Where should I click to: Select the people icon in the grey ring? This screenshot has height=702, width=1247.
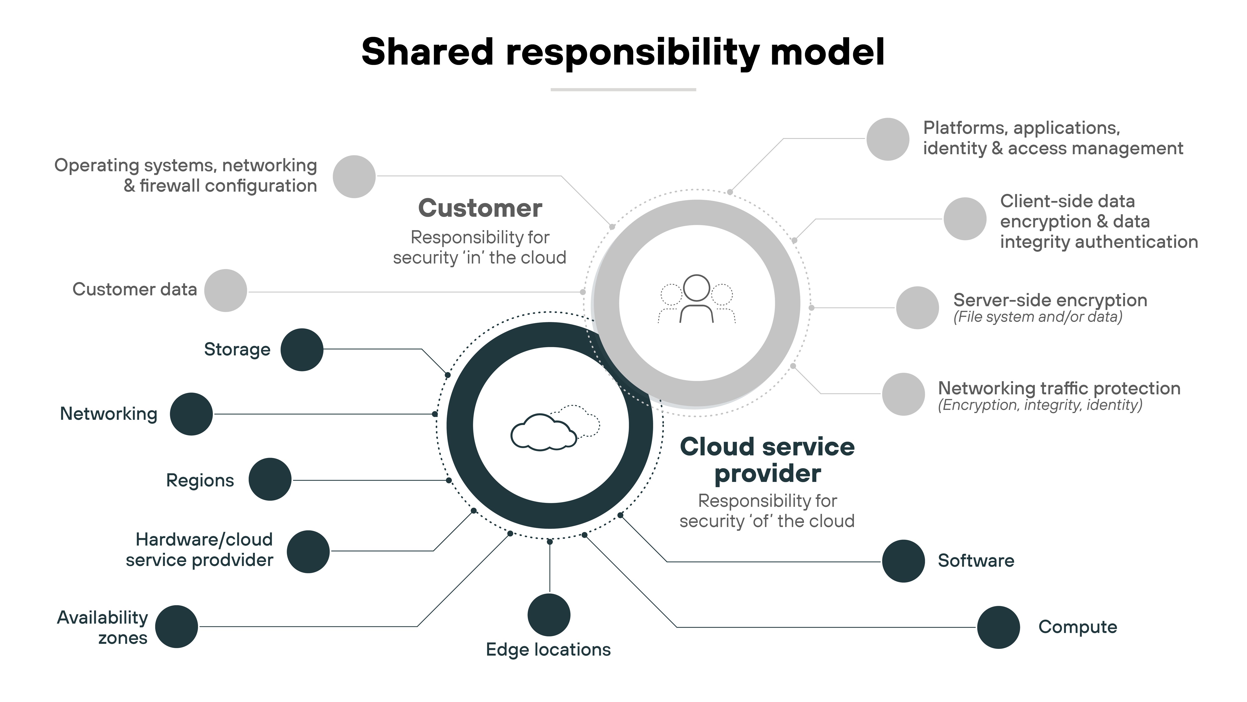pyautogui.click(x=697, y=299)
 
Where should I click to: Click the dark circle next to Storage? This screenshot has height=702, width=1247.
pyautogui.click(x=302, y=350)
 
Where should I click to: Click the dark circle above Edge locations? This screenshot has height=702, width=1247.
pyautogui.click(x=549, y=615)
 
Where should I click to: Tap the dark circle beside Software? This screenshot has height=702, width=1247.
pyautogui.click(x=903, y=561)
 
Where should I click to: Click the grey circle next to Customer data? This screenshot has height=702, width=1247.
pyautogui.click(x=226, y=291)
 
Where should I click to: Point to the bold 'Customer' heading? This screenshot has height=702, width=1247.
pyautogui.click(x=480, y=208)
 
